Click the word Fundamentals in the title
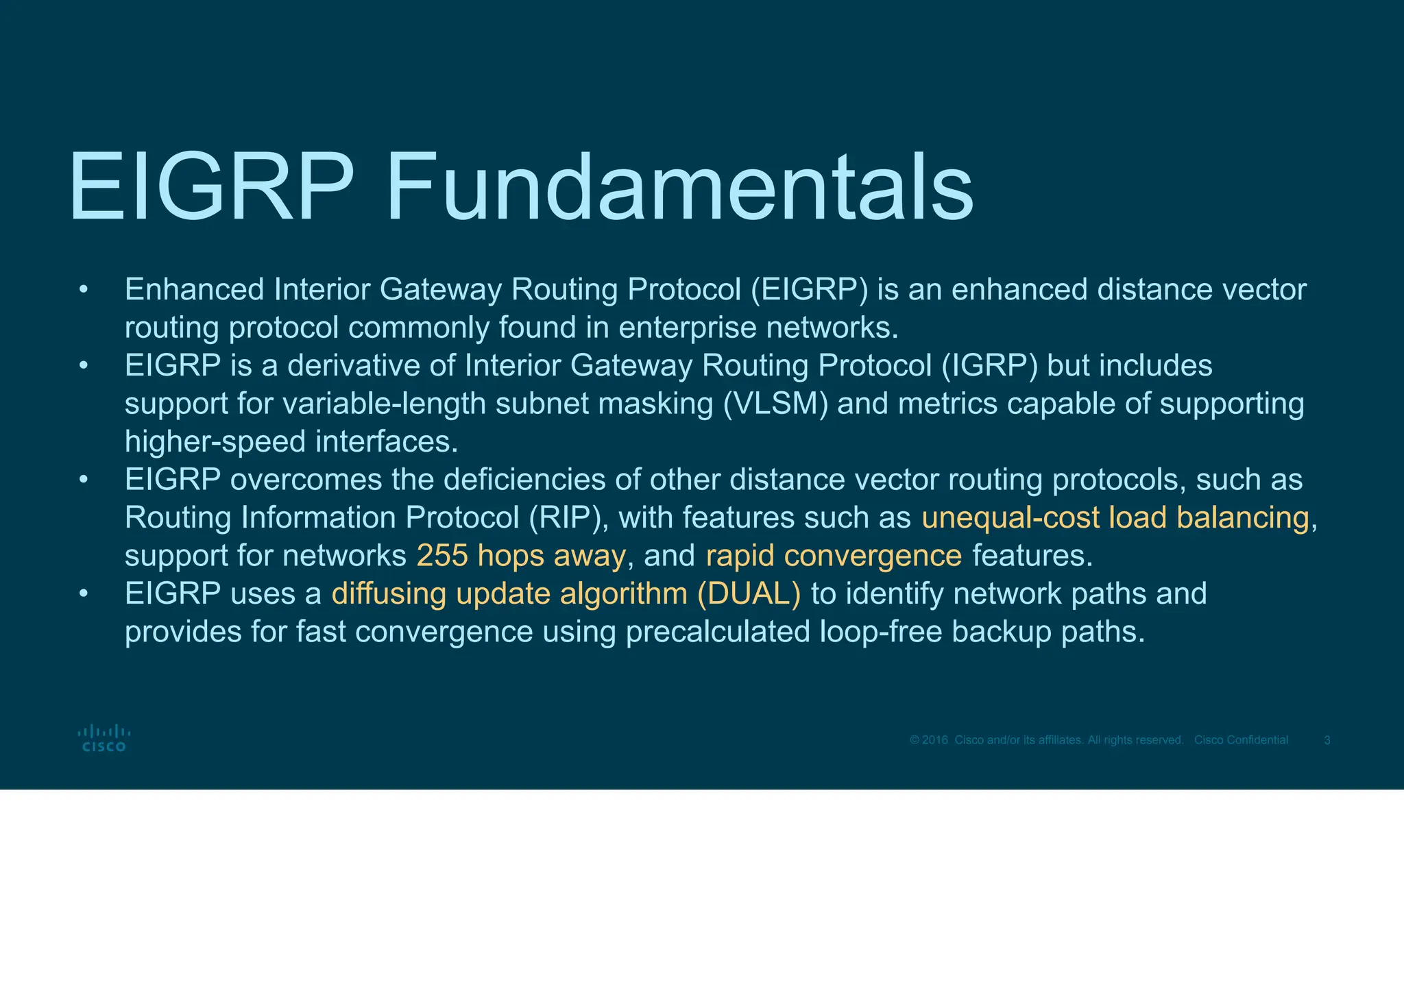coord(679,188)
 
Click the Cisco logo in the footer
coord(104,738)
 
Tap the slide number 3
coord(1327,740)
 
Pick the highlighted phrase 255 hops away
coord(521,556)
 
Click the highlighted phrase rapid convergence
coord(834,556)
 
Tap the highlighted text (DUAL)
coord(749,593)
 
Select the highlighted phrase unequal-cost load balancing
coord(1115,517)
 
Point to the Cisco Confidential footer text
coord(1241,740)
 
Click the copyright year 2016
coord(935,740)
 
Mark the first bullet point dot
coord(83,290)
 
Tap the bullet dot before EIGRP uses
coord(83,593)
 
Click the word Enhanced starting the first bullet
coord(194,290)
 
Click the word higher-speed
coord(215,442)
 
